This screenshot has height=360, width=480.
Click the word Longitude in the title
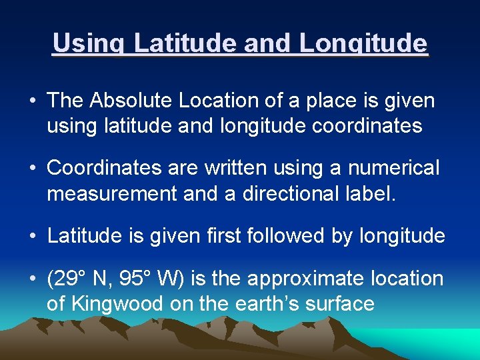pos(363,44)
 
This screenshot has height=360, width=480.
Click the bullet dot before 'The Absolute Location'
pos(33,101)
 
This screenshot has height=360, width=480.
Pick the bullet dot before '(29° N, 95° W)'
pos(33,279)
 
